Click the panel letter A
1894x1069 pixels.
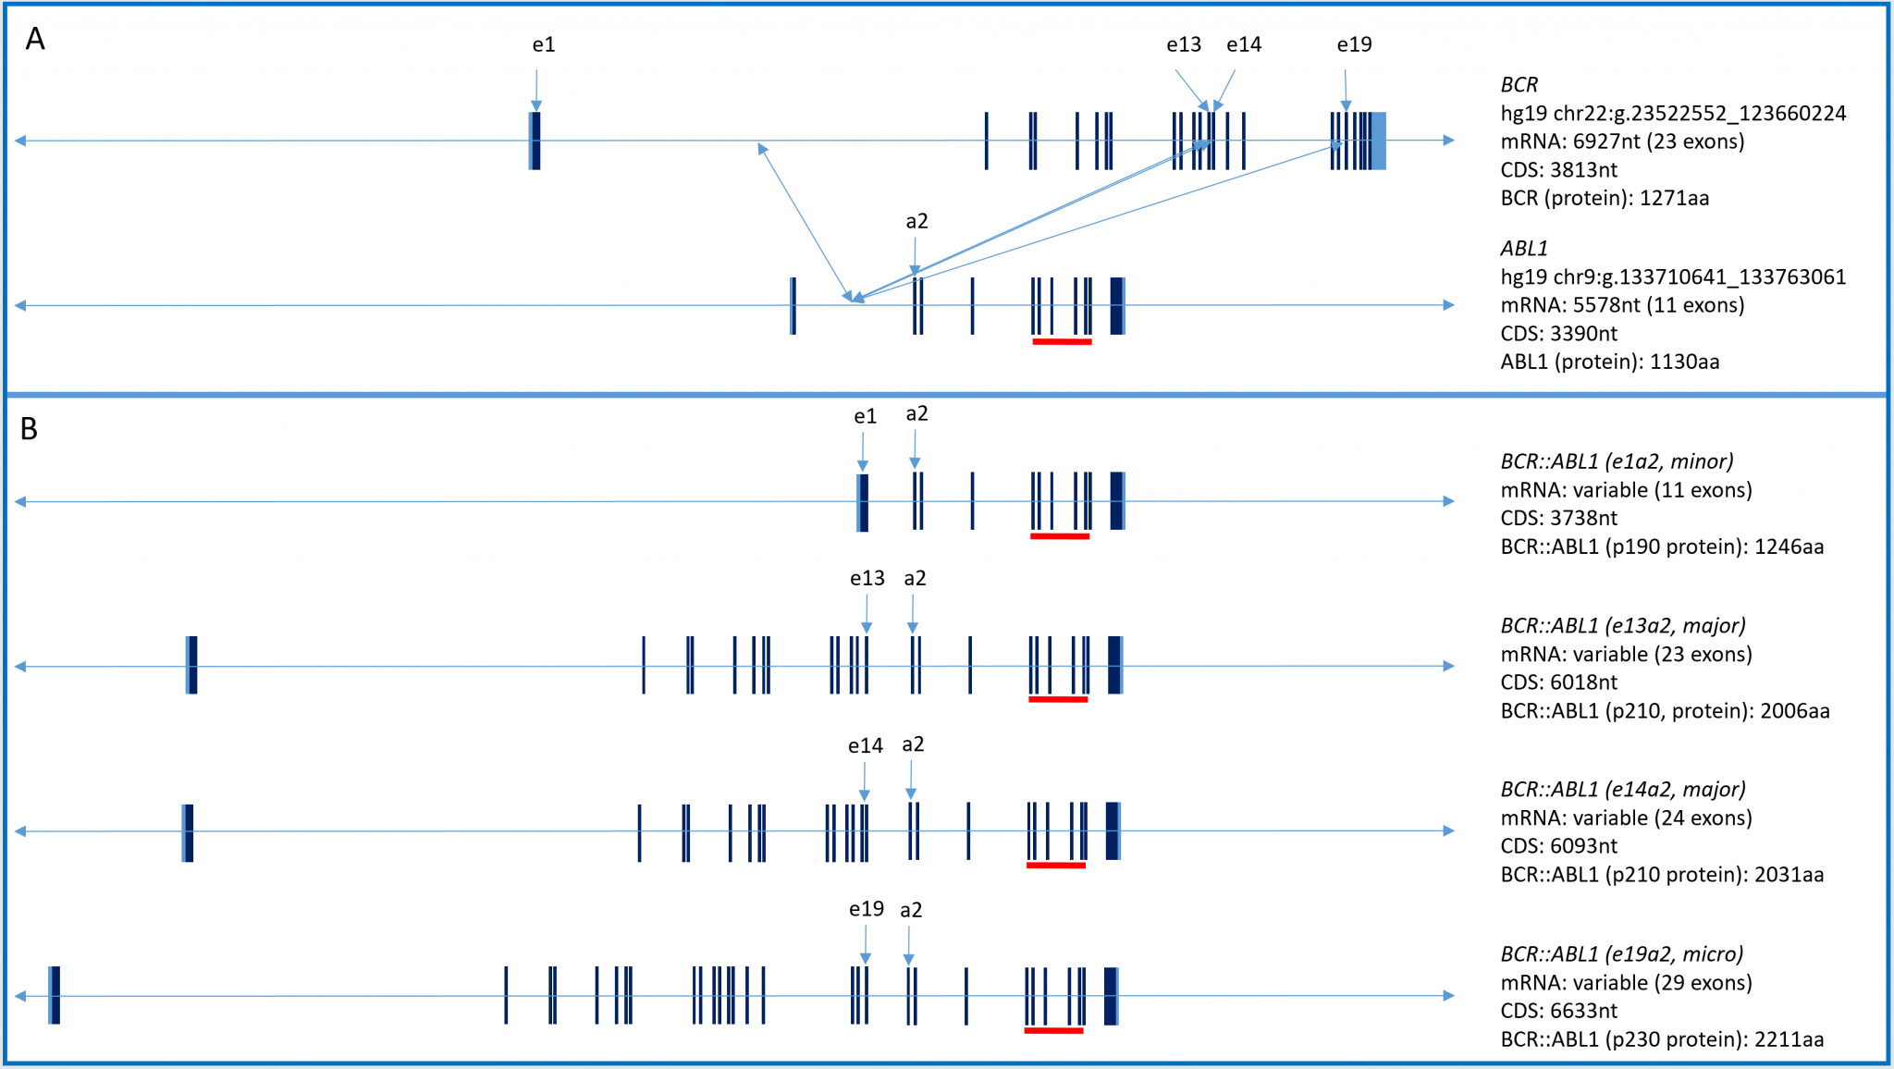point(34,39)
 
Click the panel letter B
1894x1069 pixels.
point(30,429)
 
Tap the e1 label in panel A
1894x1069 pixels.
point(544,44)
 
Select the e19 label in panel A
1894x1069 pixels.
point(1354,44)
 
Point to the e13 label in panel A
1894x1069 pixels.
point(1183,44)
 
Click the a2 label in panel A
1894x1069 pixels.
point(916,221)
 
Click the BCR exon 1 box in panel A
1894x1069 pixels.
point(535,141)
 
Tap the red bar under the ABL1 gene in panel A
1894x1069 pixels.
point(1062,342)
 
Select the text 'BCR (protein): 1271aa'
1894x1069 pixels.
point(1605,198)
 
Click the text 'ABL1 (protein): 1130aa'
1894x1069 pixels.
point(1609,362)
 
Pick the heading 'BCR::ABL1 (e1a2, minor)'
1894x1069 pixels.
point(1617,461)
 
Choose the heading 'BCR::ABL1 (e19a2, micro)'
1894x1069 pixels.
point(1621,953)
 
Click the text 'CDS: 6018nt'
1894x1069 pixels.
point(1558,682)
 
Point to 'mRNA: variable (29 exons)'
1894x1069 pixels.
point(1626,982)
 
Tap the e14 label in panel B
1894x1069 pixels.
point(865,745)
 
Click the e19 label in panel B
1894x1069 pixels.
point(866,909)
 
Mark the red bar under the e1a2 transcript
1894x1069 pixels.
point(1060,536)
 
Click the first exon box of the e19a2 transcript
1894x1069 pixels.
point(55,995)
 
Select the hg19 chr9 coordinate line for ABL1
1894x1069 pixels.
point(1673,276)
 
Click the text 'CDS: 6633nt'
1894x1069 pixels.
point(1558,1011)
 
